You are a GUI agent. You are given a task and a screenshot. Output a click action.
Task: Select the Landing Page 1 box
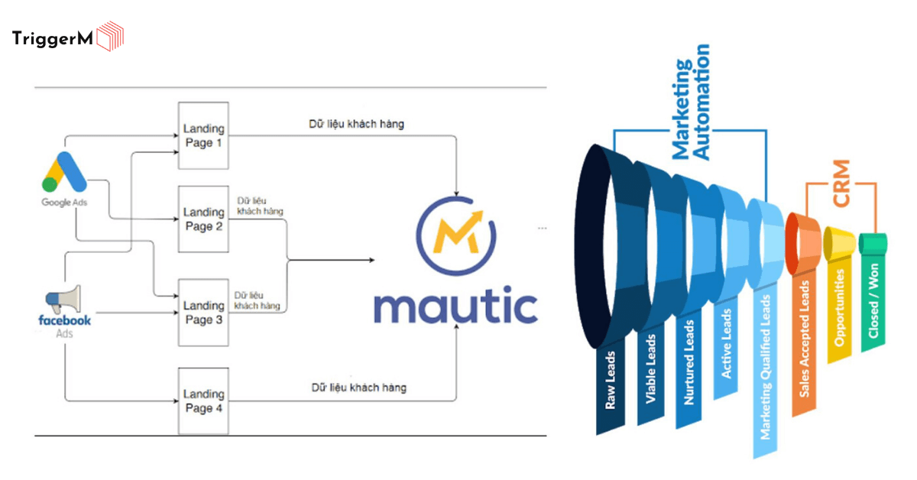click(203, 135)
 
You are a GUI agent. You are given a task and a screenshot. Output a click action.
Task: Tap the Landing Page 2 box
click(203, 219)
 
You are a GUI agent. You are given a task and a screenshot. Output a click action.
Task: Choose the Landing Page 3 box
click(203, 312)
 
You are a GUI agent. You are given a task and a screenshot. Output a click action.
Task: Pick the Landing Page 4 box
click(203, 401)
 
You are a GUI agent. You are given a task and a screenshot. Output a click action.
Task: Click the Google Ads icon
click(63, 171)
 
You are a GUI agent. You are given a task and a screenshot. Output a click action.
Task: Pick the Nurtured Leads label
click(689, 366)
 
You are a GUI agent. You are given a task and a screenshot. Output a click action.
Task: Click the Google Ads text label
click(63, 202)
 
